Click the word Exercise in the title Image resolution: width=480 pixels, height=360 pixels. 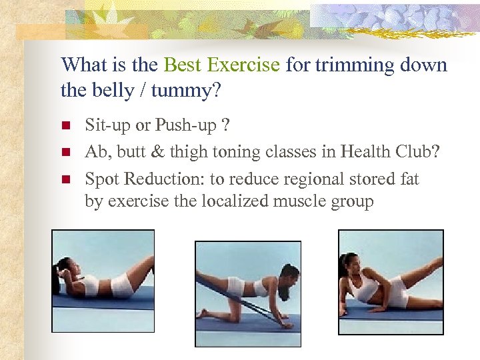(x=243, y=65)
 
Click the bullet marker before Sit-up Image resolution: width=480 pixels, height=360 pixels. (x=65, y=125)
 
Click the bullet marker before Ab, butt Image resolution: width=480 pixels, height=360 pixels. (x=65, y=152)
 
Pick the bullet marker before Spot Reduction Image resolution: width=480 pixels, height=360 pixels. (x=65, y=179)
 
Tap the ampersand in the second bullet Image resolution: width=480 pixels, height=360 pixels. (x=157, y=153)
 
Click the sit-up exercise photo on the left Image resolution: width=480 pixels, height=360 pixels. (x=103, y=281)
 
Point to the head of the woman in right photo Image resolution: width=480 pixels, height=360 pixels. (x=352, y=261)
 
